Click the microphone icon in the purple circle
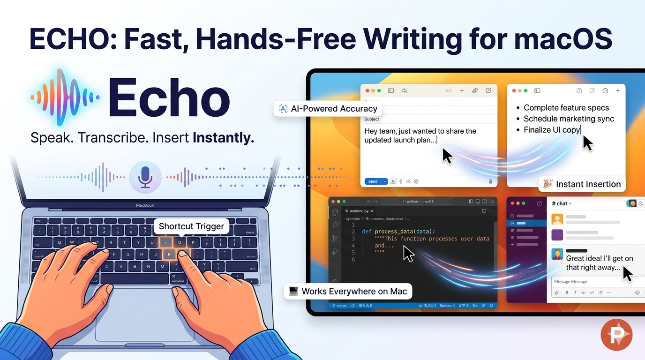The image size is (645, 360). (145, 178)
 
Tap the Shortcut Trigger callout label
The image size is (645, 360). (191, 226)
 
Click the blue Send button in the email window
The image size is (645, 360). (373, 181)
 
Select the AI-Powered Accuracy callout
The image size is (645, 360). (328, 109)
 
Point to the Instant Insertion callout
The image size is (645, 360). (582, 184)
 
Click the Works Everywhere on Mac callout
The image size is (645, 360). (348, 291)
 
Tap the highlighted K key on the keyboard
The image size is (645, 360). (169, 255)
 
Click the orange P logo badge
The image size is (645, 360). (616, 335)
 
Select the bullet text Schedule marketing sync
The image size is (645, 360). (569, 119)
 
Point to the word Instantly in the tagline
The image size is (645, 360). (223, 138)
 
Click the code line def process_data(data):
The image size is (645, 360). (398, 231)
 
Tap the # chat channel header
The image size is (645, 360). (562, 203)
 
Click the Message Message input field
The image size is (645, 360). (595, 281)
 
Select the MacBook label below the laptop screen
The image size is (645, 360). (145, 205)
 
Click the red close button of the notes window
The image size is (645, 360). (514, 91)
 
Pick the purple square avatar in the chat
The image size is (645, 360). (557, 235)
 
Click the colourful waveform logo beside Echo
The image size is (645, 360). (65, 97)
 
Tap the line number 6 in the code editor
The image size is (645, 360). (353, 259)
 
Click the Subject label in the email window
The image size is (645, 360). (372, 119)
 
